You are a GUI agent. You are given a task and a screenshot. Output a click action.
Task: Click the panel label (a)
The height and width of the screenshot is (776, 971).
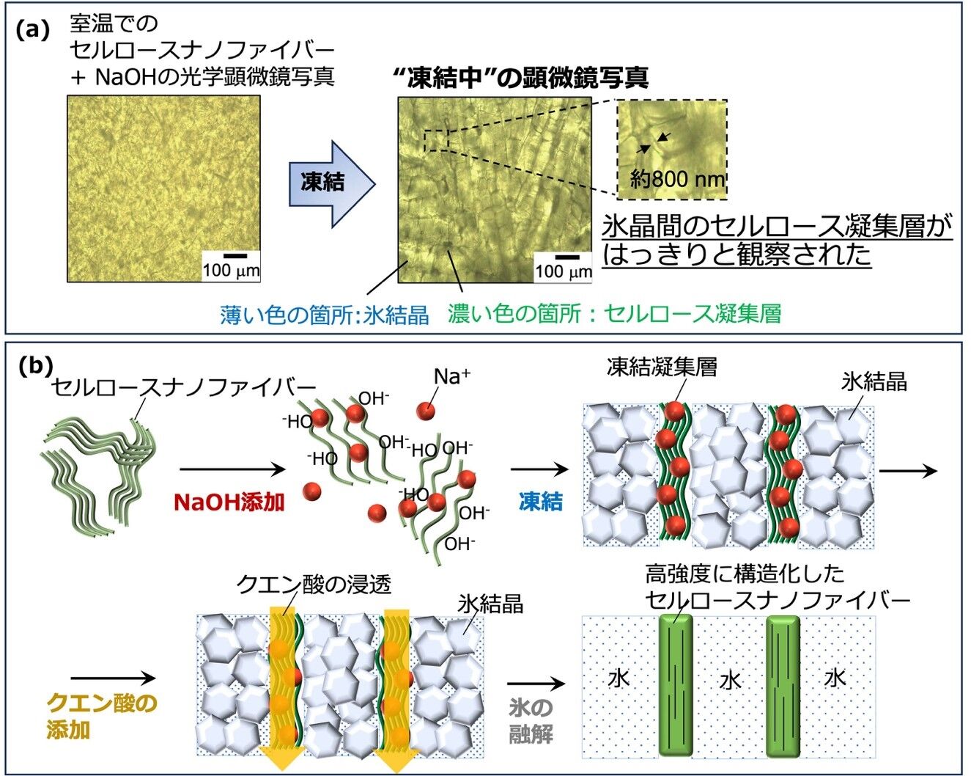(x=32, y=31)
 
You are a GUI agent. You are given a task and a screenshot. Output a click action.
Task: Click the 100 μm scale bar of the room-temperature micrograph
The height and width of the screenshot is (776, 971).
(x=235, y=256)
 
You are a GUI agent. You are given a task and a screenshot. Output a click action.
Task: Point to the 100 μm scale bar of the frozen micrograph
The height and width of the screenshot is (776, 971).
(x=567, y=257)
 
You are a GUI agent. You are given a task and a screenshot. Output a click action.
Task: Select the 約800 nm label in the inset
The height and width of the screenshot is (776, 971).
(x=677, y=180)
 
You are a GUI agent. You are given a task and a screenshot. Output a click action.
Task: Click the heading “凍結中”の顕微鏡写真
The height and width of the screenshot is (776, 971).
(x=521, y=78)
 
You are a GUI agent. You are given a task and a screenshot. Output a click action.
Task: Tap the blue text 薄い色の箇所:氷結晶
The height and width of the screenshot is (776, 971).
(x=325, y=315)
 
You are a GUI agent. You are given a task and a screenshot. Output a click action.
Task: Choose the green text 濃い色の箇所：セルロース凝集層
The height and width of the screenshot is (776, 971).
(x=614, y=313)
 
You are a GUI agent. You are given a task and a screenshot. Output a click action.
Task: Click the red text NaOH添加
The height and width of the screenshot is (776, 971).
(x=229, y=502)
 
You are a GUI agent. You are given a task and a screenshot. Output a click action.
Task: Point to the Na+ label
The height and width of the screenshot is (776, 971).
(x=451, y=376)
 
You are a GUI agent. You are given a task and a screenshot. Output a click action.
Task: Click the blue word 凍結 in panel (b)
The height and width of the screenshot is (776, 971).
(x=541, y=502)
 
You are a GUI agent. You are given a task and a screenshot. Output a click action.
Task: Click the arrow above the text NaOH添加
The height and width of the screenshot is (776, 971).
(x=232, y=469)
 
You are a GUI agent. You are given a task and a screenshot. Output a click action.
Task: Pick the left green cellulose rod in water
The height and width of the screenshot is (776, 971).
(x=676, y=685)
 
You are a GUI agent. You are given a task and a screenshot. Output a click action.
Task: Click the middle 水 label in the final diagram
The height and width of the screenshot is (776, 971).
(x=731, y=680)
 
